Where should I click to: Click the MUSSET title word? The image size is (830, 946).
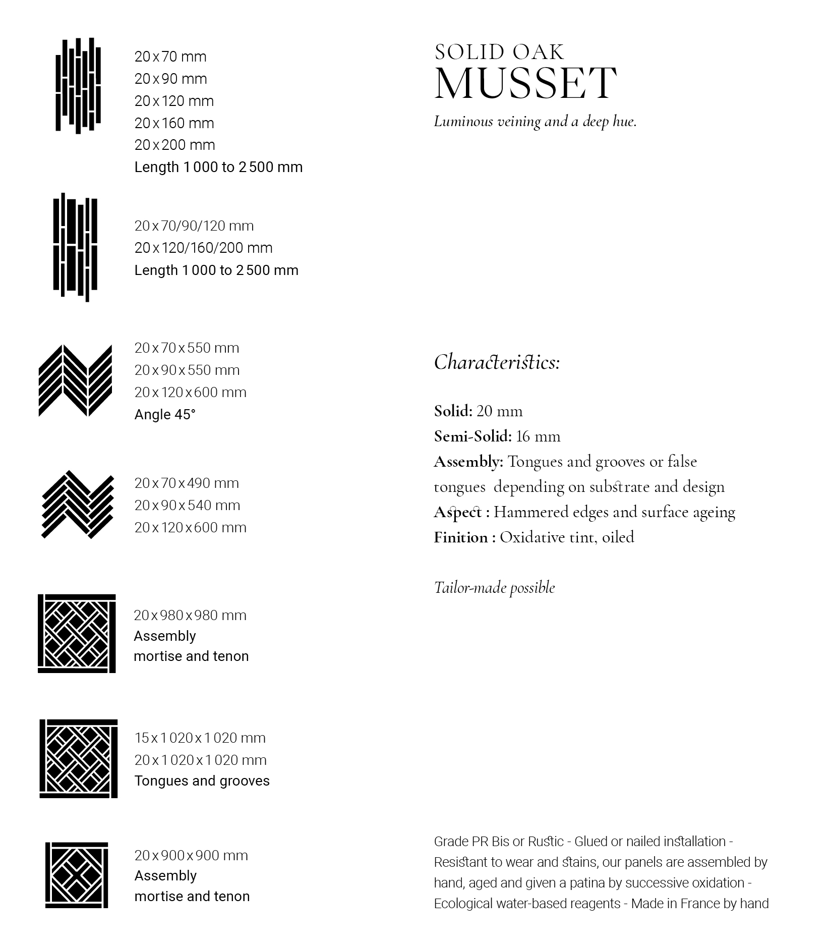coord(525,83)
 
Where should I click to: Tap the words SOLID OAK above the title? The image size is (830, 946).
coord(499,52)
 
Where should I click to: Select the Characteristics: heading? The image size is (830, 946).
coord(497,362)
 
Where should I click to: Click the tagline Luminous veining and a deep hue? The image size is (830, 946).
coord(535,122)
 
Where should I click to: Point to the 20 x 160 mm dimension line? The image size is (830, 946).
coord(174,123)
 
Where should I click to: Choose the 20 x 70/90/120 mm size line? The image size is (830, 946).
coord(194,226)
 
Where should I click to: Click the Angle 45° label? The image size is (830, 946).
coord(164,414)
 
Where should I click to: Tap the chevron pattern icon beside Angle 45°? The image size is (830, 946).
coord(75,381)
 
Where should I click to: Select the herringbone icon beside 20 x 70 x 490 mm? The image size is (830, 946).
coord(77,505)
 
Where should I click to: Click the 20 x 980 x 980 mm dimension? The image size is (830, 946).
coord(190,615)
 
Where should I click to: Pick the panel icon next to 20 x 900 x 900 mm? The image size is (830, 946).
coord(77,875)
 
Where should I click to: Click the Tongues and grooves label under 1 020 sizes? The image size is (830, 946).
coord(202,781)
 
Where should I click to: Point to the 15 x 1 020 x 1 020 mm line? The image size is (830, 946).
coord(200,738)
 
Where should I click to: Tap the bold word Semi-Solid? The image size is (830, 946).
coord(472,436)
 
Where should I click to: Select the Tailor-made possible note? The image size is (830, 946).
coord(494,588)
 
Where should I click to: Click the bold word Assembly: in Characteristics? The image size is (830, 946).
coord(468,462)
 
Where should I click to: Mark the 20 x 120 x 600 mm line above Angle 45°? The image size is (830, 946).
coord(190,392)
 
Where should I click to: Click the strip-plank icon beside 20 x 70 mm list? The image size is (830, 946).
coord(78,86)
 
